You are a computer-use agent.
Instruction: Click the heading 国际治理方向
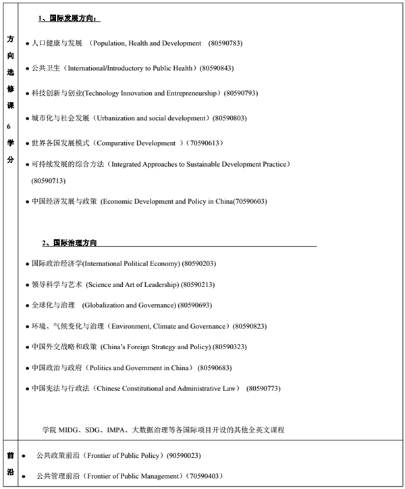(x=74, y=242)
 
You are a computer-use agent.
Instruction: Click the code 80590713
(x=49, y=181)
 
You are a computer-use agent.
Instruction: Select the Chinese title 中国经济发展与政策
(x=65, y=201)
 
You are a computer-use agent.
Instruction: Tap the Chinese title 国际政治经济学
(x=57, y=263)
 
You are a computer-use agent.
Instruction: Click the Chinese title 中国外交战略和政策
(x=65, y=347)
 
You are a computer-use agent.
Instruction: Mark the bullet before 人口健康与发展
(x=27, y=44)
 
